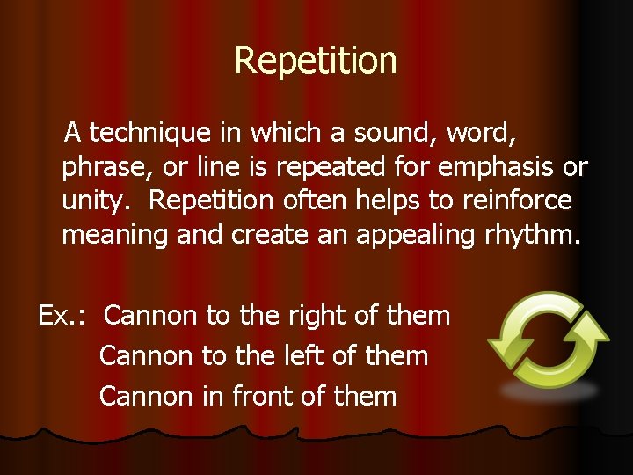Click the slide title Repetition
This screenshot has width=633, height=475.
tap(316, 61)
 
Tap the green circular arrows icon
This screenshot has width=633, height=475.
tap(548, 340)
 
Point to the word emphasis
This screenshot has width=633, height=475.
tap(502, 167)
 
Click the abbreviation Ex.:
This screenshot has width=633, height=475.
tap(62, 315)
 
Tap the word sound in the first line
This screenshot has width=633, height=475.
tap(395, 133)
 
